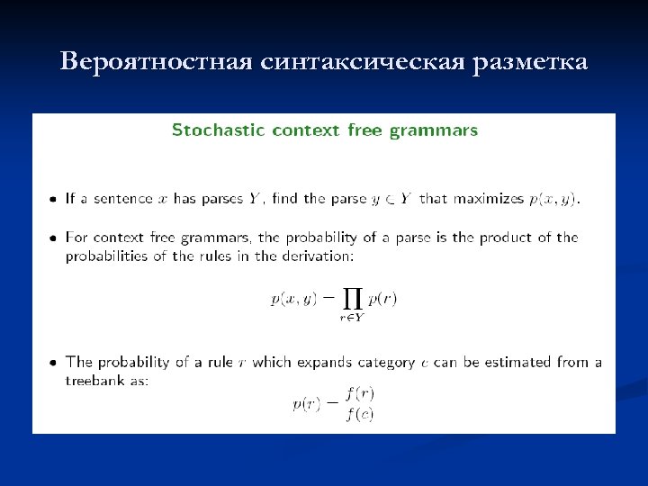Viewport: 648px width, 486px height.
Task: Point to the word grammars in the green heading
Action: tap(434, 130)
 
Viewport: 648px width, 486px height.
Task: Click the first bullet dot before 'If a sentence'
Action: tap(55, 199)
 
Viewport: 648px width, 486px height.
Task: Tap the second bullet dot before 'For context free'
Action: tap(55, 238)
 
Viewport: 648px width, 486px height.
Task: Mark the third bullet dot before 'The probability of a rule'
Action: tap(55, 363)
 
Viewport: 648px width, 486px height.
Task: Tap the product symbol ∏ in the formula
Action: tap(351, 295)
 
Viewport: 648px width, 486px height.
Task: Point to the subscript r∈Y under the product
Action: tap(351, 317)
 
